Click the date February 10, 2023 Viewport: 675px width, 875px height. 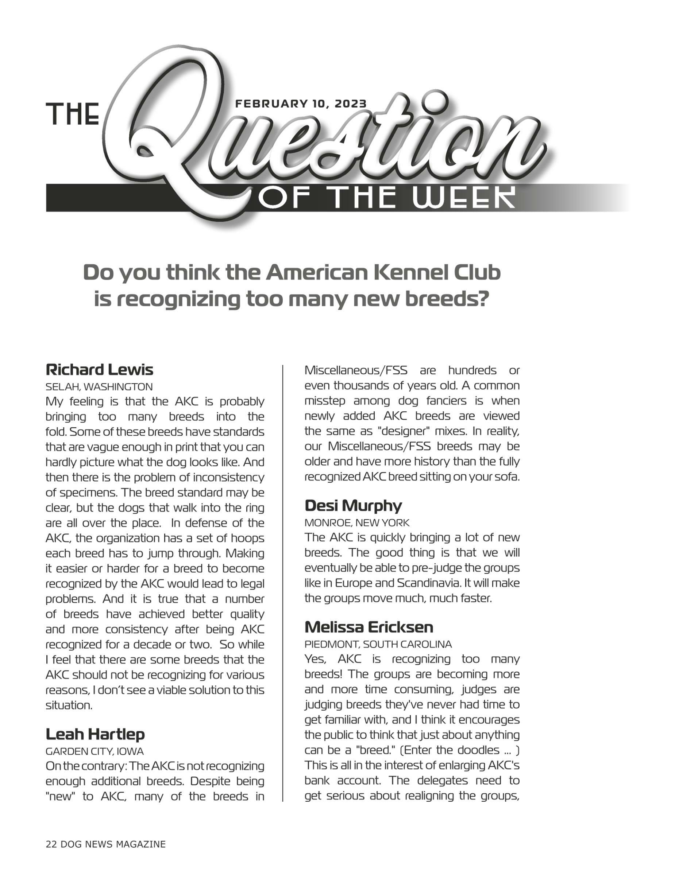[x=301, y=104]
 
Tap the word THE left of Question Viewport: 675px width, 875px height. [x=73, y=114]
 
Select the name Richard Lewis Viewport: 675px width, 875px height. [x=99, y=369]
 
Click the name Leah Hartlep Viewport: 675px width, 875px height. [x=95, y=734]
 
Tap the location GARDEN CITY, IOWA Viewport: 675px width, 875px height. [x=94, y=751]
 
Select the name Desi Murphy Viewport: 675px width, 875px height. [x=353, y=506]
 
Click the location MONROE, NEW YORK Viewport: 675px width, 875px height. [x=357, y=522]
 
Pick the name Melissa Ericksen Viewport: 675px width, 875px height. [x=369, y=627]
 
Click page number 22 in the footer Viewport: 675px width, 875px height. [x=51, y=844]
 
